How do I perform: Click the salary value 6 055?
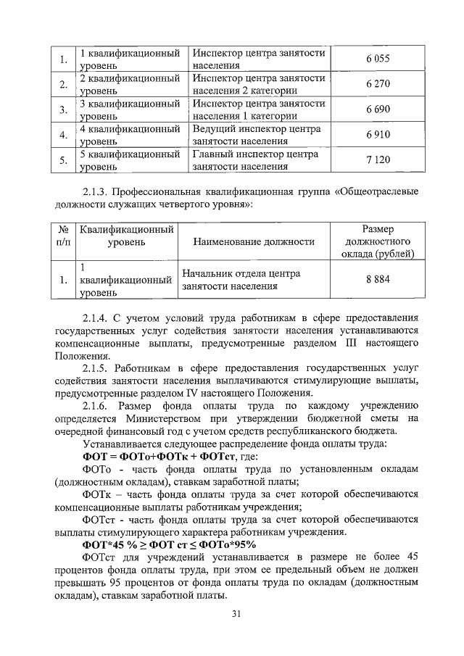378,59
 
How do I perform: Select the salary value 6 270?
378,84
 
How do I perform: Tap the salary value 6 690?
378,109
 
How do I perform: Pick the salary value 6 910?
378,135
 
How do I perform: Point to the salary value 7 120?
378,160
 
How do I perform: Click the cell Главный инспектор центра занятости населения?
246,160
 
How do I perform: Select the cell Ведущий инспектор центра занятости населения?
246,135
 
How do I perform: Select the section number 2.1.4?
98,317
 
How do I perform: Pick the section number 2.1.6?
98,406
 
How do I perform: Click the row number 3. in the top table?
64,109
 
